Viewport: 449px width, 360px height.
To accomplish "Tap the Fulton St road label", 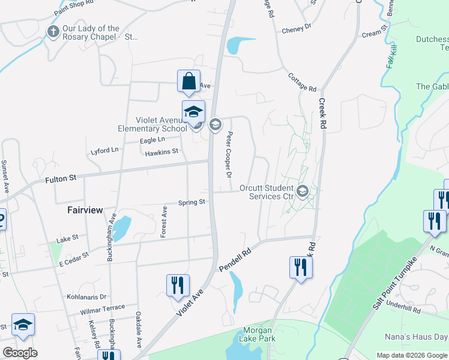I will point(61,178).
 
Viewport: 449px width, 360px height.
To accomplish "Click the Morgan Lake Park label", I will point(258,335).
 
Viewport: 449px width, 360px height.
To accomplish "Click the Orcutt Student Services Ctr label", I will point(266,192).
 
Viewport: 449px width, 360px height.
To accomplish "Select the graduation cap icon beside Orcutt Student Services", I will point(303,191).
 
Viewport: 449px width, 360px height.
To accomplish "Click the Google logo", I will point(20,353).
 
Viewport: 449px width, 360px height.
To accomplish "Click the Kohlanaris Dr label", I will point(86,296).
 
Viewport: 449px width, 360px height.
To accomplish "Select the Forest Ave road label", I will point(163,222).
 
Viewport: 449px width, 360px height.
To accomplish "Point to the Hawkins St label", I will point(162,152).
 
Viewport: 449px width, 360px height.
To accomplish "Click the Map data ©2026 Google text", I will point(411,355).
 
